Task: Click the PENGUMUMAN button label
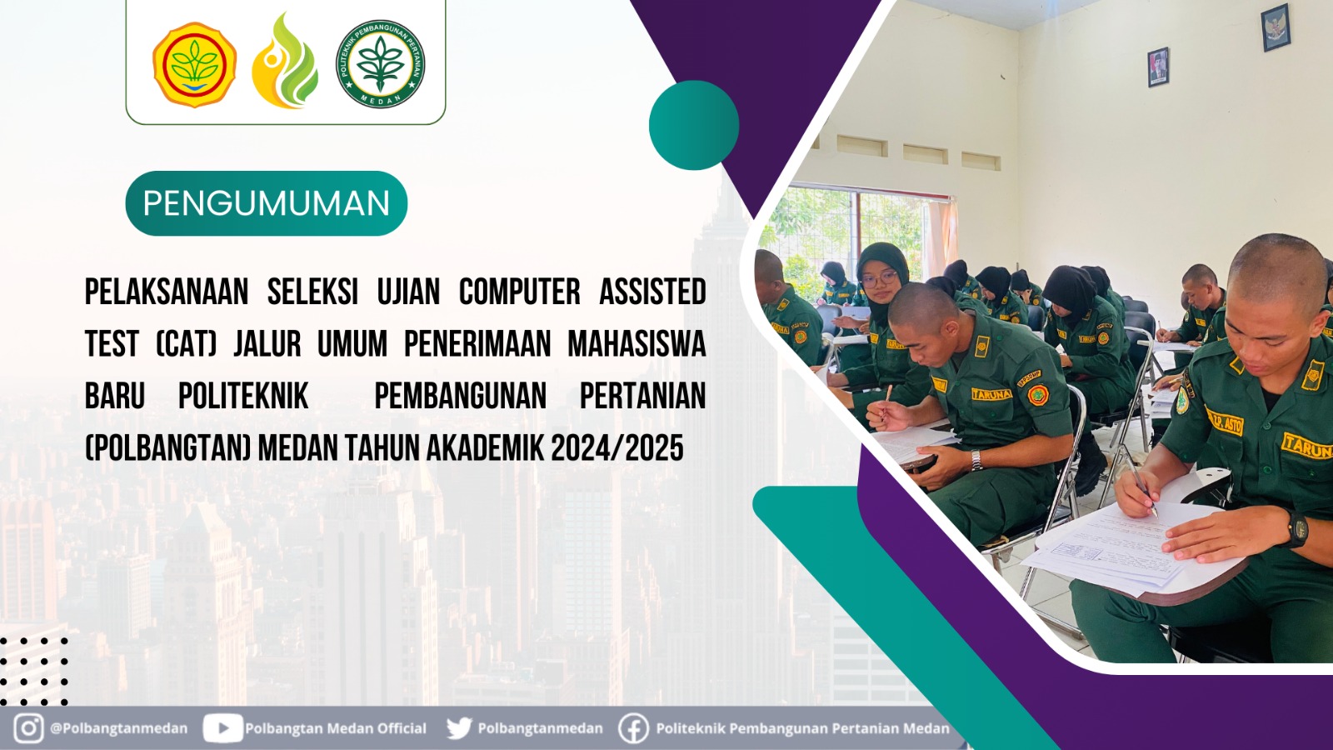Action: pos(266,203)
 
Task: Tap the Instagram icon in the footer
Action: pos(28,727)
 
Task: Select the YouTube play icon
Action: pos(222,728)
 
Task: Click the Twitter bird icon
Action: pos(458,728)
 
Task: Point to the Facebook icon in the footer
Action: pos(633,728)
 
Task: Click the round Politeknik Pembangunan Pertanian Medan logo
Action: pos(381,64)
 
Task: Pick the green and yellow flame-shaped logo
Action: pos(285,62)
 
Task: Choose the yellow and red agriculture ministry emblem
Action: pos(194,64)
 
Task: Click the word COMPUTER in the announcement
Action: pos(519,292)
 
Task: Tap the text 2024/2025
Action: pos(617,448)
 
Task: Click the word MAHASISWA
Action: pos(637,343)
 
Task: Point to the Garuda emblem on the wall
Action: pos(1275,27)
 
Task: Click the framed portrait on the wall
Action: pos(1158,67)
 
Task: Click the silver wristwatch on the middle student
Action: pos(976,459)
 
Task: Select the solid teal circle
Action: pos(693,125)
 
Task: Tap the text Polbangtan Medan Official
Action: pos(335,728)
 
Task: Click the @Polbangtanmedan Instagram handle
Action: pos(118,728)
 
